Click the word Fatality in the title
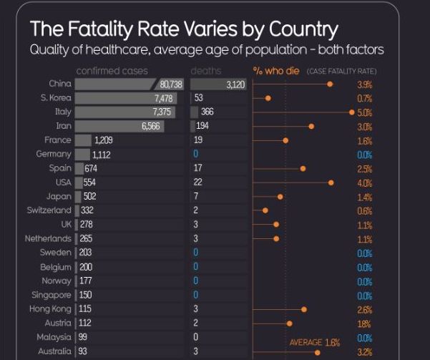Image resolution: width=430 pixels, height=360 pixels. click(x=114, y=29)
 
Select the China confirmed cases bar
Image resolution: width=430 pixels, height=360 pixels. click(x=129, y=84)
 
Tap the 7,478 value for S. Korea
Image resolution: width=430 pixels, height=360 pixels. click(x=165, y=98)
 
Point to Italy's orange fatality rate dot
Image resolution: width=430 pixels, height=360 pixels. click(x=351, y=112)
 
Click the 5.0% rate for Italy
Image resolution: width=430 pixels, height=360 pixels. click(x=365, y=112)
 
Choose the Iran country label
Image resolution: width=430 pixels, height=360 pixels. click(x=63, y=126)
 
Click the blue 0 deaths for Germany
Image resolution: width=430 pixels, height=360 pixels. click(x=195, y=154)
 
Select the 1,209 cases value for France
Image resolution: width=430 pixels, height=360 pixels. click(x=104, y=140)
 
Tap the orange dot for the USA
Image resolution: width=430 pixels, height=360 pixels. click(x=331, y=183)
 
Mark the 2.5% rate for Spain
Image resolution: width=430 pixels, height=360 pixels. click(x=365, y=169)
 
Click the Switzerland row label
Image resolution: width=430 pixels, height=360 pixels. click(x=49, y=210)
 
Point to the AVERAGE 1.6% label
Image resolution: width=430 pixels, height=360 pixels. click(x=314, y=342)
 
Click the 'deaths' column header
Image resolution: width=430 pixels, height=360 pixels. click(x=206, y=71)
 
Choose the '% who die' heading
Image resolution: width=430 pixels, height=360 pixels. click(x=275, y=71)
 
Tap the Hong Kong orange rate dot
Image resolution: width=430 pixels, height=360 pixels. click(x=304, y=309)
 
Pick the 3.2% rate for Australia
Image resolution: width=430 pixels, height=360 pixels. click(x=365, y=351)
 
